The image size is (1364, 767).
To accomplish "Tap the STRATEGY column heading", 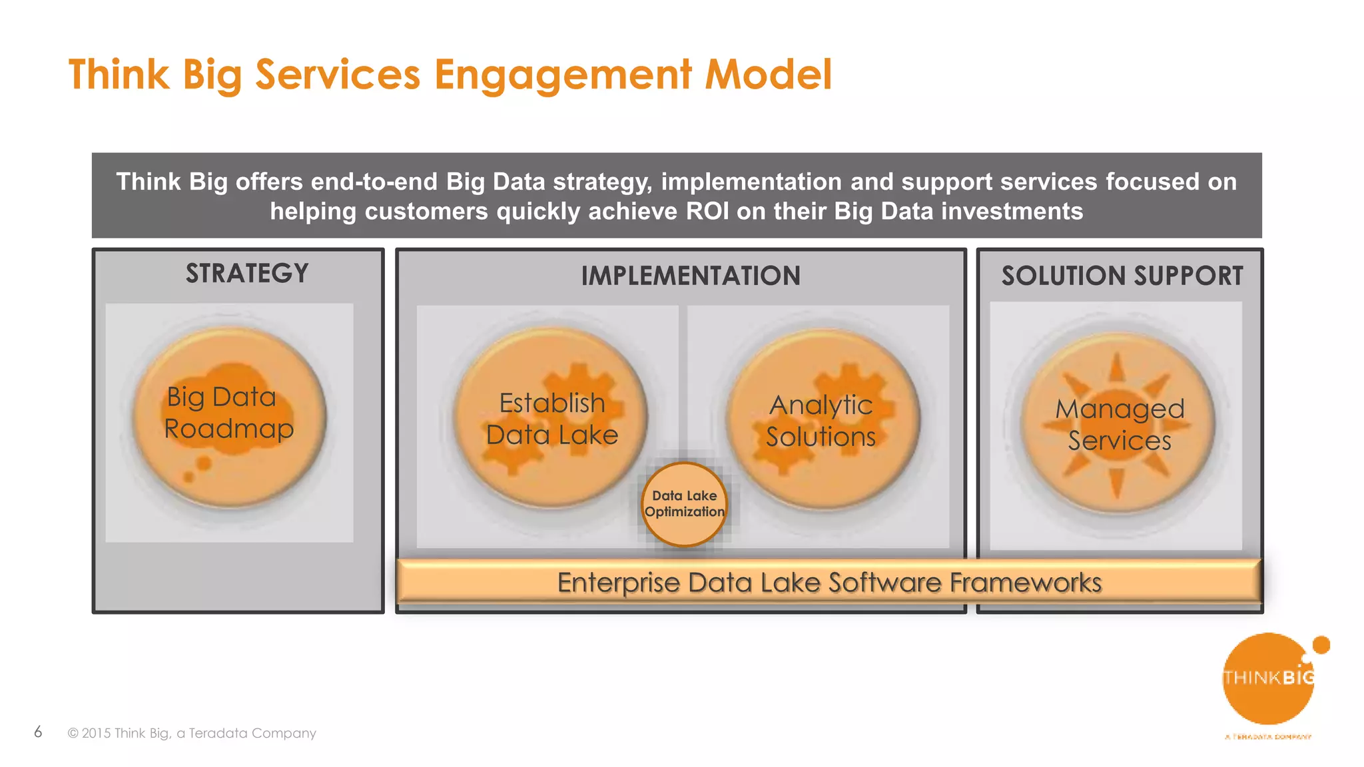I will tap(247, 274).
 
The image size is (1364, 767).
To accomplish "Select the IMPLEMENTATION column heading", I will tap(691, 276).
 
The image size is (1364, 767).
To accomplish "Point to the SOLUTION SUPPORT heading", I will tap(1122, 276).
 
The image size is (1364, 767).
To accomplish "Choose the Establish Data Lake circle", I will tap(551, 418).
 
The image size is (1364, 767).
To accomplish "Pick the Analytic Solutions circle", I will tap(822, 419).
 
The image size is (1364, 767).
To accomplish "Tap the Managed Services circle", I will tap(1119, 423).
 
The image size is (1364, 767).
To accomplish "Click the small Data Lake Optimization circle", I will tap(684, 504).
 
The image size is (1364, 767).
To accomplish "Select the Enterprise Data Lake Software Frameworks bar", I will tap(829, 582).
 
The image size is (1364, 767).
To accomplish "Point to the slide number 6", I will tap(38, 732).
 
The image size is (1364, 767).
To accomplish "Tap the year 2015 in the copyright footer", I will tap(96, 733).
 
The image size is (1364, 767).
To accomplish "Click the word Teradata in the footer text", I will tap(218, 733).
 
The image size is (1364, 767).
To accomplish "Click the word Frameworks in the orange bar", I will tap(1026, 583).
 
